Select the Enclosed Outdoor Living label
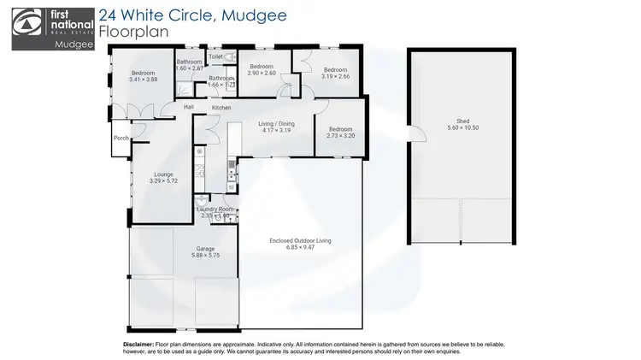[x=299, y=241]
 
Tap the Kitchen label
[x=221, y=108]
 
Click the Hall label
[x=189, y=107]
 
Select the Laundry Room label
[x=215, y=209]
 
